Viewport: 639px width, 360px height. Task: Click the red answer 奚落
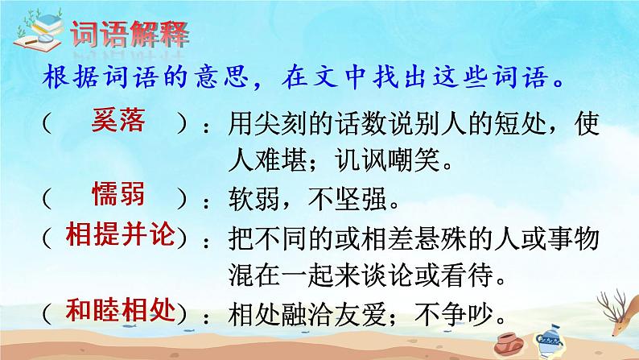pos(118,123)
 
